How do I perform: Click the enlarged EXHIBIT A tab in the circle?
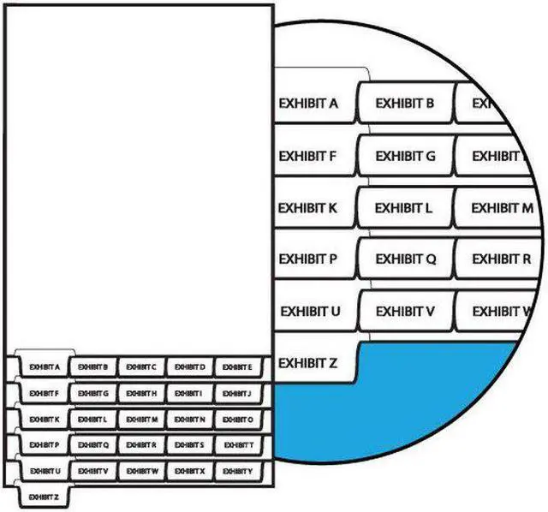(309, 104)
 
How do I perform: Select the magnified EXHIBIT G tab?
(405, 157)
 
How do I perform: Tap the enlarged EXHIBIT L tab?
(403, 208)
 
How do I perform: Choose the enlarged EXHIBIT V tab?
(405, 311)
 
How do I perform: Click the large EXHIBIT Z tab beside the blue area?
(309, 363)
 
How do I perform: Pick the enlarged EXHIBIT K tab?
(309, 208)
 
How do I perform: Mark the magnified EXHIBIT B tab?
(405, 104)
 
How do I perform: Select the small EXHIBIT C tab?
(140, 367)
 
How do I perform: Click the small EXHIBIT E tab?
(237, 367)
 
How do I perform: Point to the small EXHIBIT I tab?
(188, 393)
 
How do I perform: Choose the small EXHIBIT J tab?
(237, 393)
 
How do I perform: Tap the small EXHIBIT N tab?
(188, 420)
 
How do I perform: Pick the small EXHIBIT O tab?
(237, 420)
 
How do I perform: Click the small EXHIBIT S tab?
(188, 445)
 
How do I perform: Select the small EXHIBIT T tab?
(237, 445)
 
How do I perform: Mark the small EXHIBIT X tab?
(188, 471)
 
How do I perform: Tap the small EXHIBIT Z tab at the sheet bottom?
(44, 497)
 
